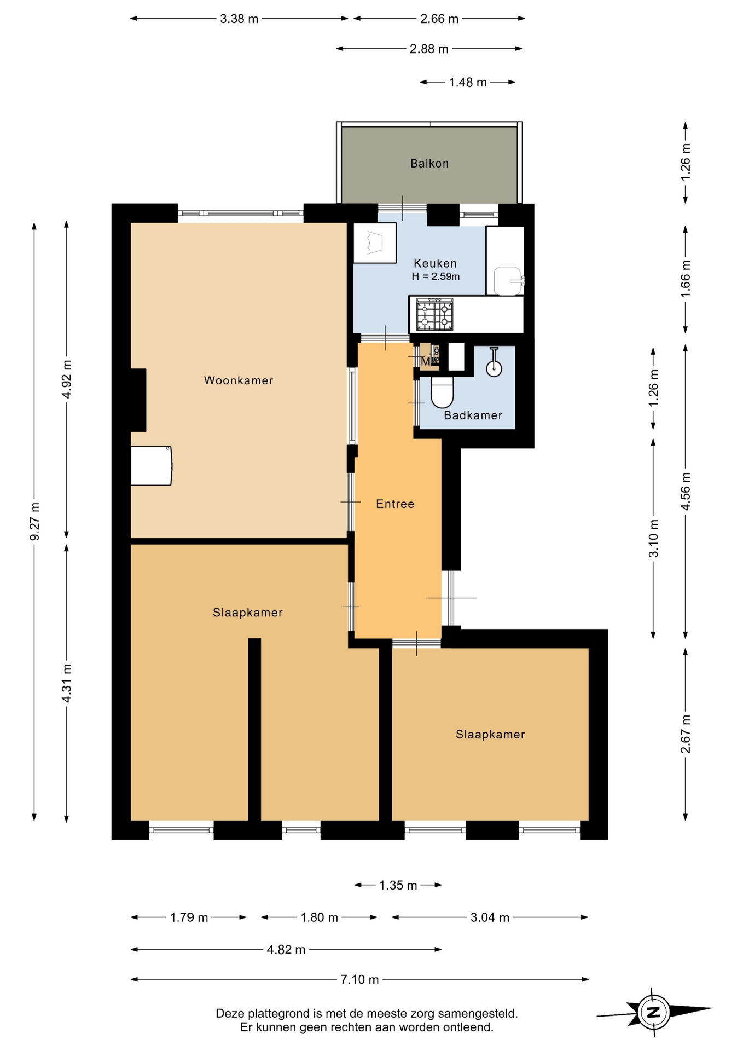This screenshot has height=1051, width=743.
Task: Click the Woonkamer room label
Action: click(x=239, y=380)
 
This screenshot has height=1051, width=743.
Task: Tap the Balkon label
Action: click(x=429, y=163)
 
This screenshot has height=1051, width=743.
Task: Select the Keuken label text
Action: click(x=435, y=263)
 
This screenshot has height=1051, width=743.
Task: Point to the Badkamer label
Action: click(x=473, y=415)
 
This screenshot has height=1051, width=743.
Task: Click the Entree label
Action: click(x=395, y=504)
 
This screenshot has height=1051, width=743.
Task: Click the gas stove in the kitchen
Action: click(x=435, y=315)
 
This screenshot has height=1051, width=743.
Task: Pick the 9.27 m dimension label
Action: click(x=34, y=522)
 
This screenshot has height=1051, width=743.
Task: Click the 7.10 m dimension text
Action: click(x=359, y=979)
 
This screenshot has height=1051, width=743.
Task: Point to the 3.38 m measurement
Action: click(x=239, y=19)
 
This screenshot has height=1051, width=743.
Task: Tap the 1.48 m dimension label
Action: click(x=468, y=83)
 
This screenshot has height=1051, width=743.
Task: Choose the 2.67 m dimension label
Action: click(x=686, y=734)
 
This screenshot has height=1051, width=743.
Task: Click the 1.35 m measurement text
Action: click(x=398, y=885)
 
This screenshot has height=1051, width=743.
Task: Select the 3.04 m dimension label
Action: click(x=490, y=917)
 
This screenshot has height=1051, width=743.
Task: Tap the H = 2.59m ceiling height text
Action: click(x=436, y=277)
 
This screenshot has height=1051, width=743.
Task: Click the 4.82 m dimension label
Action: click(x=286, y=950)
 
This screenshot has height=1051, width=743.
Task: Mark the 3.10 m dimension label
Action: click(x=654, y=539)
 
